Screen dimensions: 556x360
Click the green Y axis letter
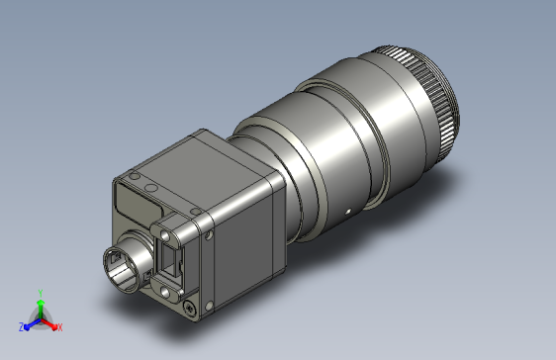(x=41, y=293)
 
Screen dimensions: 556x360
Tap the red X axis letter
(x=60, y=327)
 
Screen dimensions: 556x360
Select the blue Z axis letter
(x=22, y=327)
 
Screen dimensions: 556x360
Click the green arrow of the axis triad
(x=41, y=309)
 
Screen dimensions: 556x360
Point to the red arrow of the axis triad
(x=48, y=324)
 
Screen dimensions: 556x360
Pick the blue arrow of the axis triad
(x=33, y=324)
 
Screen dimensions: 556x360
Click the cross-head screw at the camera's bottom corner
(x=190, y=308)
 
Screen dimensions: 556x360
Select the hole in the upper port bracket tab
(x=165, y=234)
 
